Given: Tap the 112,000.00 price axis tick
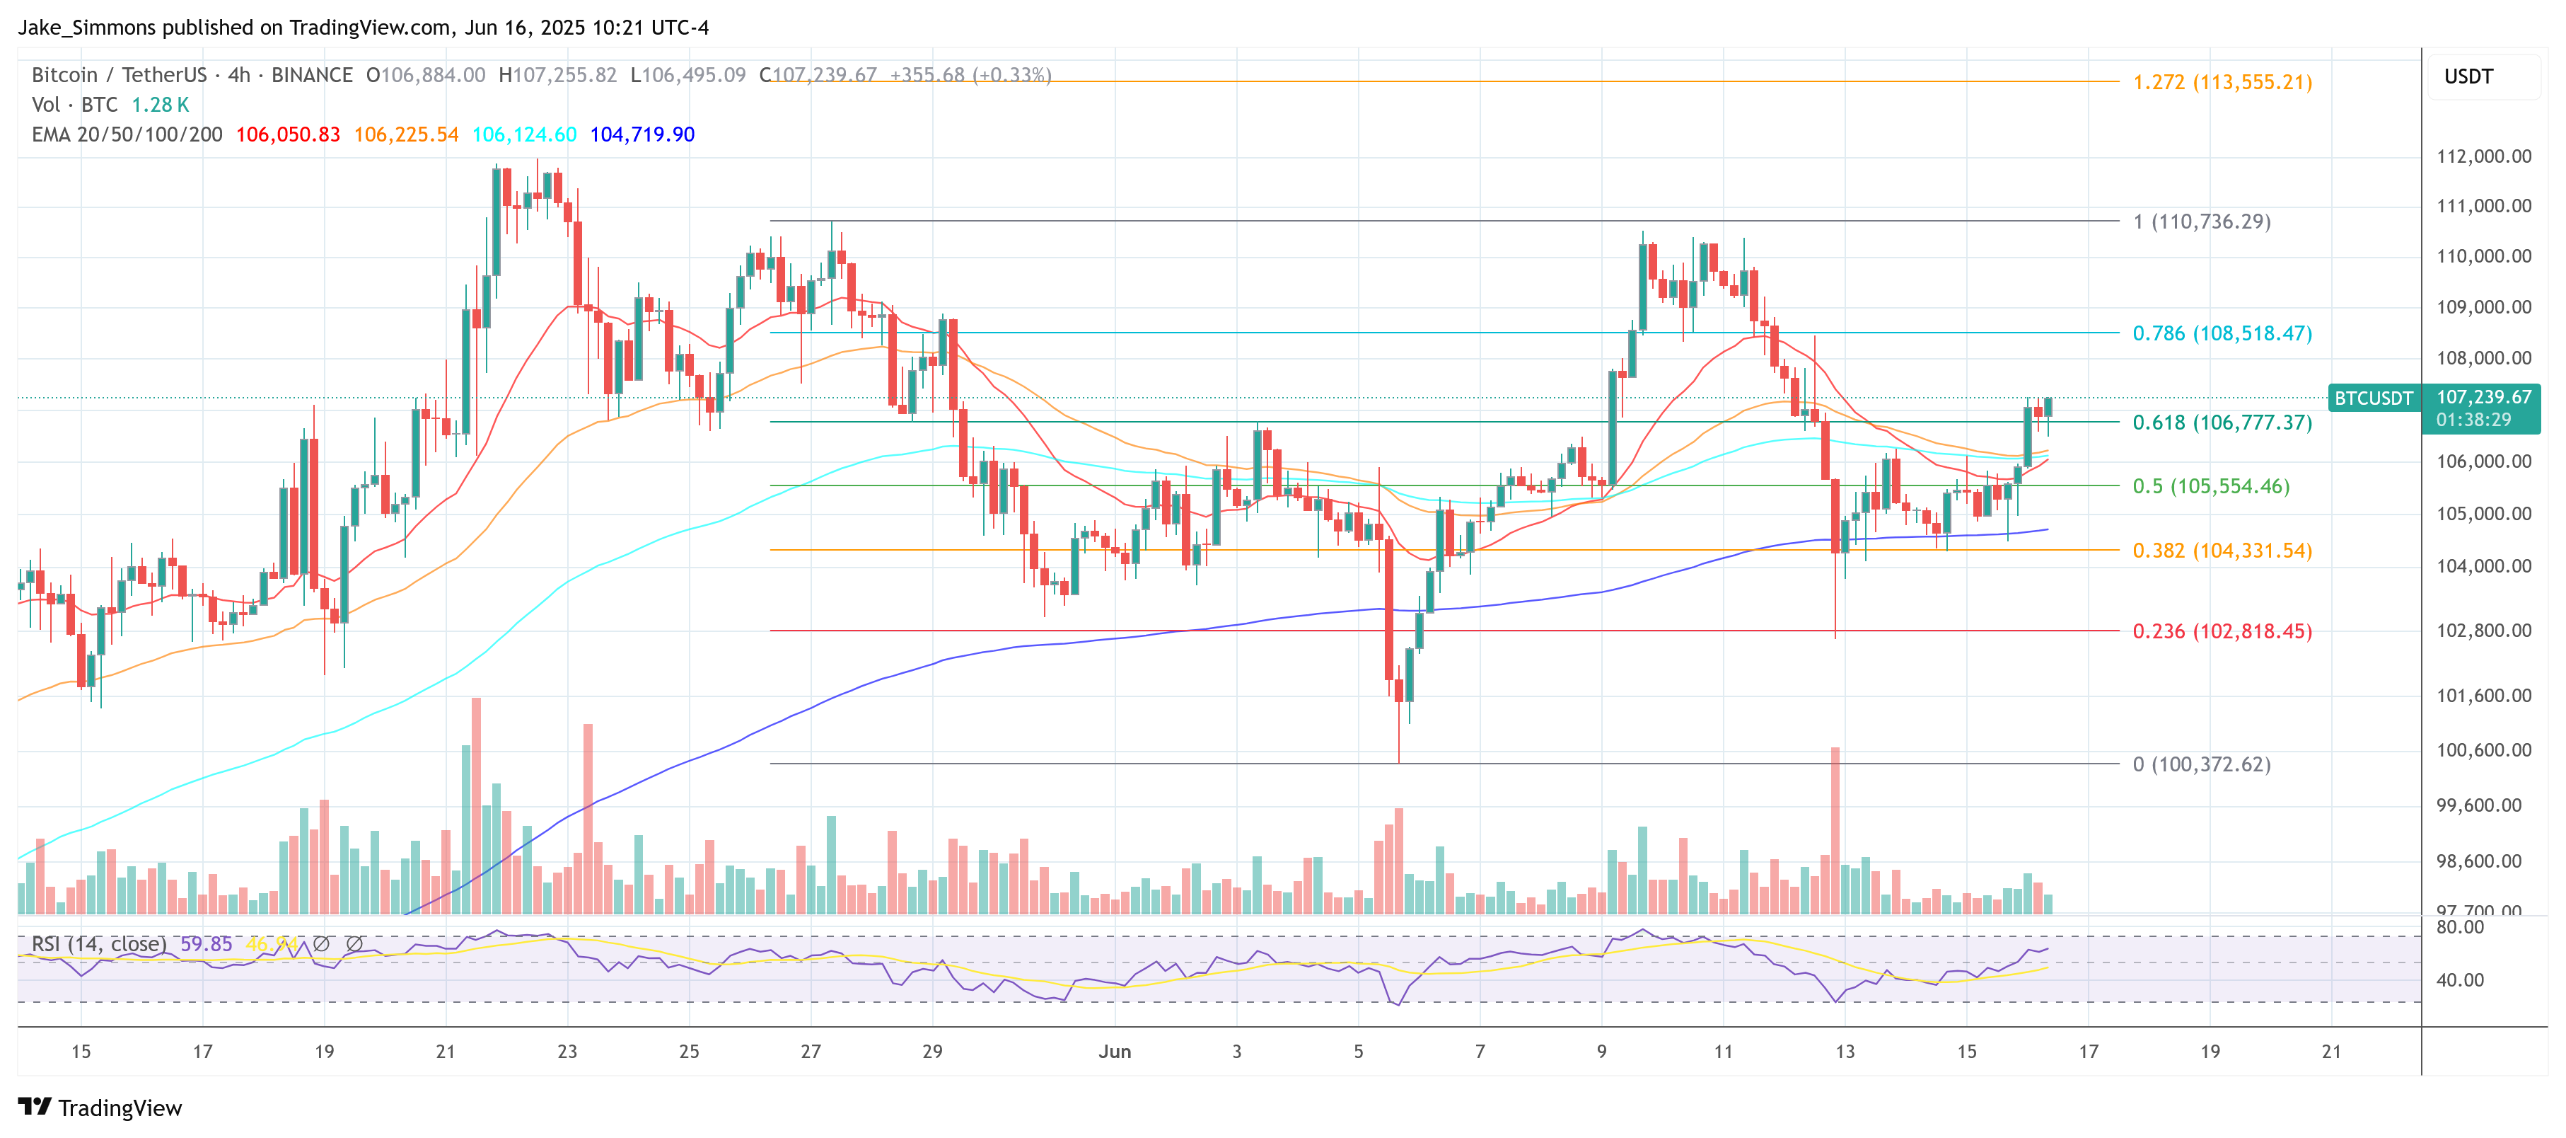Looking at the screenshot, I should tap(2483, 156).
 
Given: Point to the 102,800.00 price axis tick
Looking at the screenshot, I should tap(2483, 631).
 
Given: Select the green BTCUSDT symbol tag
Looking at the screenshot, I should tap(2373, 398).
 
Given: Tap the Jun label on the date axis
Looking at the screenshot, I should tap(1114, 1051).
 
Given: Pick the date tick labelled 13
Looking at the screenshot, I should tap(1845, 1051).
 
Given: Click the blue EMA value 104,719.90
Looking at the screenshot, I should tap(641, 134).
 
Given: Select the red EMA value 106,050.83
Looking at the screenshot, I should tap(288, 134).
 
